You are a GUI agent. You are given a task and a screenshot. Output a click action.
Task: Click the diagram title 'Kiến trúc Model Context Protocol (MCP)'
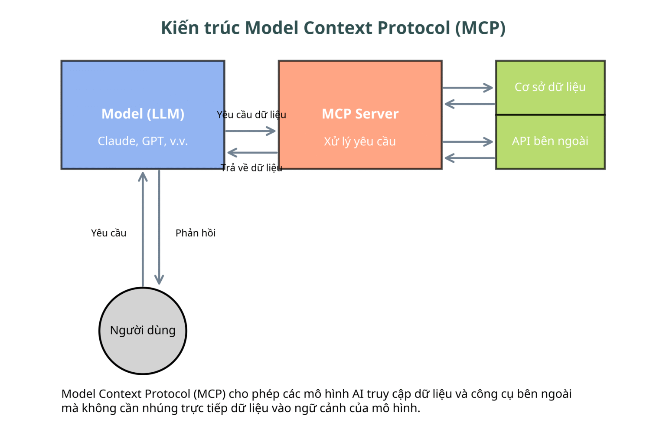[333, 28]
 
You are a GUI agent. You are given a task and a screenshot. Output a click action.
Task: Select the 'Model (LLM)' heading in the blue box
[143, 114]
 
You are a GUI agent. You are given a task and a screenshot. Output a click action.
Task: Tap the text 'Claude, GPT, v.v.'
[143, 141]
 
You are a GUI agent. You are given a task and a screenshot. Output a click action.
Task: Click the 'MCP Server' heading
[360, 114]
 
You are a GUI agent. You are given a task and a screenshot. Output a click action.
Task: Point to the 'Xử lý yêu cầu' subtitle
[360, 141]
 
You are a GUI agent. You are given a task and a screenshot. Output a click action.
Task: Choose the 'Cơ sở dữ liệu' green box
[550, 88]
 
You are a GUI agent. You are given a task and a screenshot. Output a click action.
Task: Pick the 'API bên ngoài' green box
[550, 141]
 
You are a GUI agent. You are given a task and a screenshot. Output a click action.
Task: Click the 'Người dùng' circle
[143, 331]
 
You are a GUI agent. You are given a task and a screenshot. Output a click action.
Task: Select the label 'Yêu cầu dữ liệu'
[251, 115]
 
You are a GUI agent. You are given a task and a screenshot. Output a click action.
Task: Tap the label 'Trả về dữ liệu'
[251, 168]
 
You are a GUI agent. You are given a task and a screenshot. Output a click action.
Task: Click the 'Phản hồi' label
[196, 233]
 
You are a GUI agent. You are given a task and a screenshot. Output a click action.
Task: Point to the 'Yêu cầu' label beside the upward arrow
[109, 233]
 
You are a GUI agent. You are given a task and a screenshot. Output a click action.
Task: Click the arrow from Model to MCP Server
[250, 131]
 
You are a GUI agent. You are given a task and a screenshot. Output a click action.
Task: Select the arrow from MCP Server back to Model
[252, 153]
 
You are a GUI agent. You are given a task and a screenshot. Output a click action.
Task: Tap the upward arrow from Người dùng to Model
[143, 230]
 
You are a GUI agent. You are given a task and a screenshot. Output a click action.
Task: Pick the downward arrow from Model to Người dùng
[159, 227]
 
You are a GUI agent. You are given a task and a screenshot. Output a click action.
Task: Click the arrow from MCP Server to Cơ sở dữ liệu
[468, 88]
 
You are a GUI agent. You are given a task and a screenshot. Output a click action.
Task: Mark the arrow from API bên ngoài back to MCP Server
[470, 158]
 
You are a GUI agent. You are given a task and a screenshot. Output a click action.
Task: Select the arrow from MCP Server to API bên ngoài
[468, 142]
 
